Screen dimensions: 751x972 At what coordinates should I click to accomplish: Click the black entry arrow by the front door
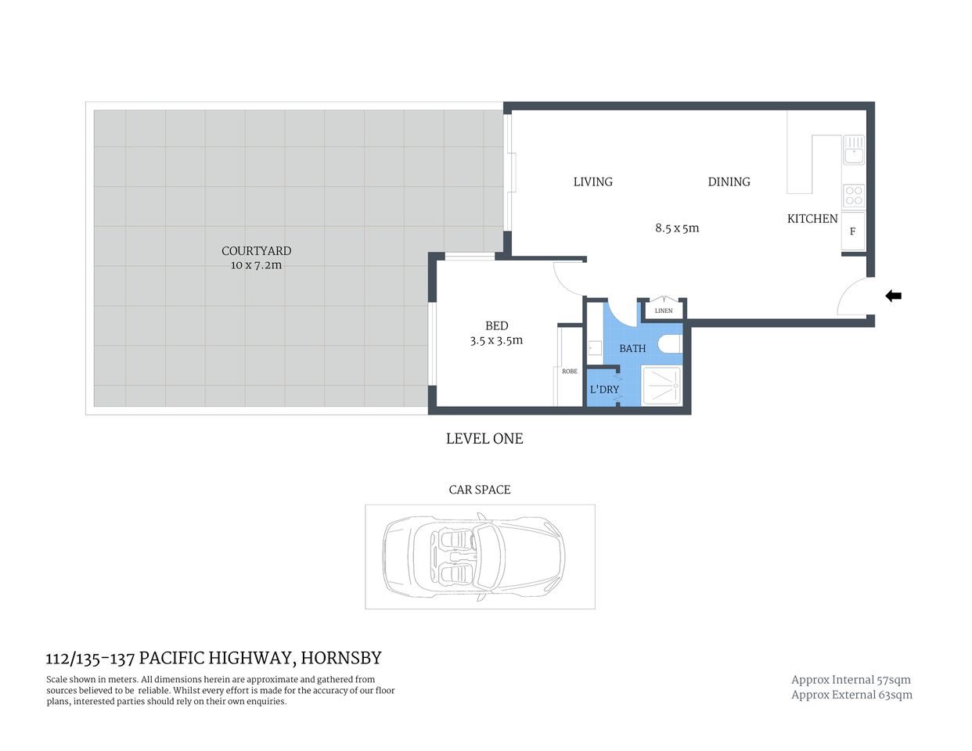[x=893, y=296]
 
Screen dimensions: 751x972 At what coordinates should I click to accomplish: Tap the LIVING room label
[x=592, y=181]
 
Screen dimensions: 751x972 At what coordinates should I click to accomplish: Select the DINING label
[x=729, y=181]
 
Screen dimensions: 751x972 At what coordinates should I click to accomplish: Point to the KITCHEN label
[x=812, y=219]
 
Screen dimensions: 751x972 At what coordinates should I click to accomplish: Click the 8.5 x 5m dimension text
[x=677, y=228]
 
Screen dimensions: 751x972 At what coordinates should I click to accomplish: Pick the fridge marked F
[x=852, y=232]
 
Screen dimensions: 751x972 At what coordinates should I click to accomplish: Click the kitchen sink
[x=853, y=149]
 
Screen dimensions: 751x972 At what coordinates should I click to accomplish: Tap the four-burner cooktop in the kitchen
[x=853, y=195]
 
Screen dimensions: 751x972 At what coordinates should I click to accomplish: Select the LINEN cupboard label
[x=663, y=311]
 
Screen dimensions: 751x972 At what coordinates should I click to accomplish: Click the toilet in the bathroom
[x=670, y=344]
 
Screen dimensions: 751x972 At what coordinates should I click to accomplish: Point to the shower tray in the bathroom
[x=661, y=386]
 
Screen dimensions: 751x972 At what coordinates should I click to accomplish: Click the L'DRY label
[x=604, y=390]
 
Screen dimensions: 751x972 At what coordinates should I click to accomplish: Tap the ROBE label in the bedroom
[x=569, y=372]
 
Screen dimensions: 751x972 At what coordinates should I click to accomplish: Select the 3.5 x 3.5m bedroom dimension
[x=496, y=340]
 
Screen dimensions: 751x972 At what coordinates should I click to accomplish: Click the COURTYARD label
[x=256, y=251]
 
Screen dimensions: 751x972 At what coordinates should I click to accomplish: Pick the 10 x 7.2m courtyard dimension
[x=256, y=265]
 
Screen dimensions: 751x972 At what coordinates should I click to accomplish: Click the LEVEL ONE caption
[x=484, y=439]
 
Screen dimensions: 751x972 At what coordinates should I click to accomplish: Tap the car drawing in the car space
[x=474, y=556]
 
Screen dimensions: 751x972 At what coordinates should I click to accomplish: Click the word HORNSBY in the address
[x=341, y=658]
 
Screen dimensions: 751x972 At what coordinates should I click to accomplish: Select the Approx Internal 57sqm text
[x=851, y=680]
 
